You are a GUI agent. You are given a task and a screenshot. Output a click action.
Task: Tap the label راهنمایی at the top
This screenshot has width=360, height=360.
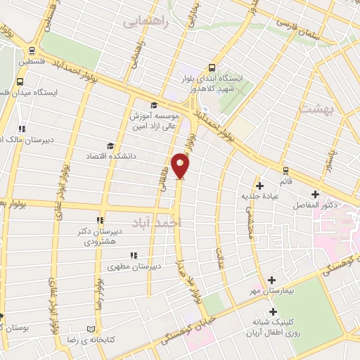[146, 21]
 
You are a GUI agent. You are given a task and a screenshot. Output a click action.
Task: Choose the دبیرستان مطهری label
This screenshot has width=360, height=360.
[134, 266]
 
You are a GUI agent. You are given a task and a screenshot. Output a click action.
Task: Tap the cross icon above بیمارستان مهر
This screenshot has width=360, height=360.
[271, 280]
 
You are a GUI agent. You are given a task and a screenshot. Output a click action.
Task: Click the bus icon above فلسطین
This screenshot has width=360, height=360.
[31, 50]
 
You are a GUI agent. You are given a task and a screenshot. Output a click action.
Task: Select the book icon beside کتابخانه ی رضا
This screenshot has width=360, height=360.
[89, 328]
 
